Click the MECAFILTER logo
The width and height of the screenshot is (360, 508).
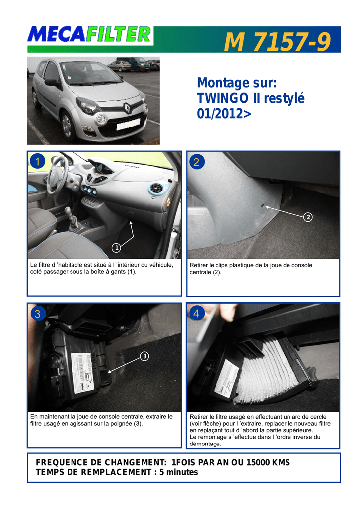[x=90, y=35]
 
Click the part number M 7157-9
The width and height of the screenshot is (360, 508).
[x=277, y=42]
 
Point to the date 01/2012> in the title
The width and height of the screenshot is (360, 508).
[x=224, y=114]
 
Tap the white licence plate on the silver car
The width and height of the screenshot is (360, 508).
[x=128, y=125]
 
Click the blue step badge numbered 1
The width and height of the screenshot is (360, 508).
[x=37, y=161]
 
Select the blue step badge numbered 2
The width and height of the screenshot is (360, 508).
[x=197, y=161]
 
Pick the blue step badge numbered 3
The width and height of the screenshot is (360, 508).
[x=38, y=314]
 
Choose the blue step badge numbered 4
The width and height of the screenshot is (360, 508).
[x=197, y=314]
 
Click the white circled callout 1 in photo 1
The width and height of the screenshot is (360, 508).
[x=116, y=248]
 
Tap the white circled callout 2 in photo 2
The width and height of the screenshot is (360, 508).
[x=308, y=217]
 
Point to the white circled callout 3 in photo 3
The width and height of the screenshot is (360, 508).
[x=144, y=356]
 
